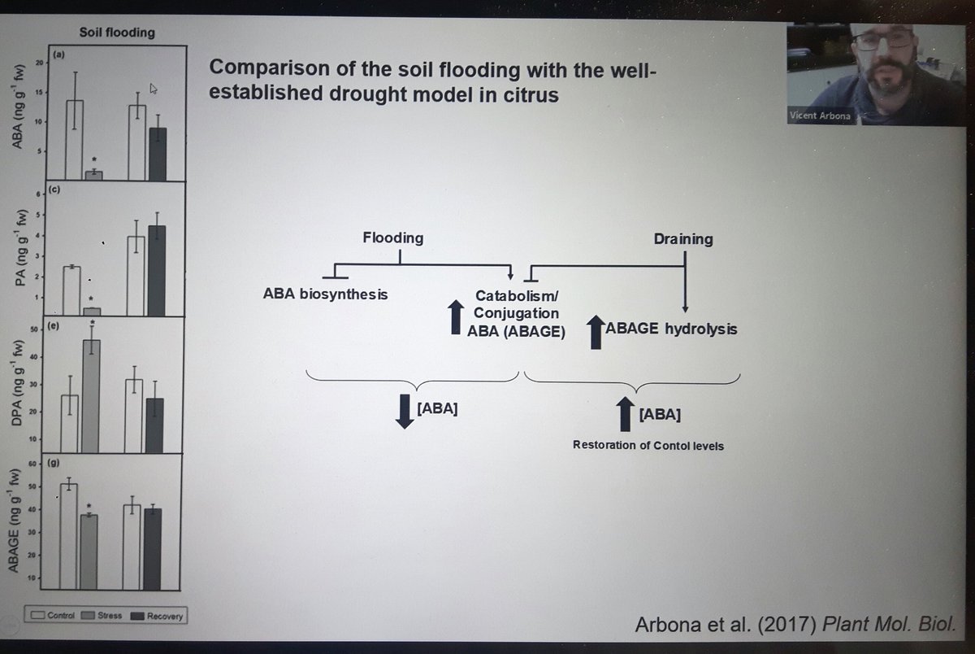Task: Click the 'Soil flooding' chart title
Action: click(x=117, y=33)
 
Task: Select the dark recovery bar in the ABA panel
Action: click(x=158, y=154)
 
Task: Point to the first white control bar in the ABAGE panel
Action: click(x=69, y=536)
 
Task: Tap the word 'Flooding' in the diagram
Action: click(x=392, y=238)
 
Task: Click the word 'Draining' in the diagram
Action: click(x=683, y=239)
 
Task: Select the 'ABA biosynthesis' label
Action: click(x=325, y=294)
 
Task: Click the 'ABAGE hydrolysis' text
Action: click(x=671, y=331)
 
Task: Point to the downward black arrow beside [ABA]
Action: click(x=404, y=410)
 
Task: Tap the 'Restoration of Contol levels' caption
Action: click(x=648, y=445)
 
